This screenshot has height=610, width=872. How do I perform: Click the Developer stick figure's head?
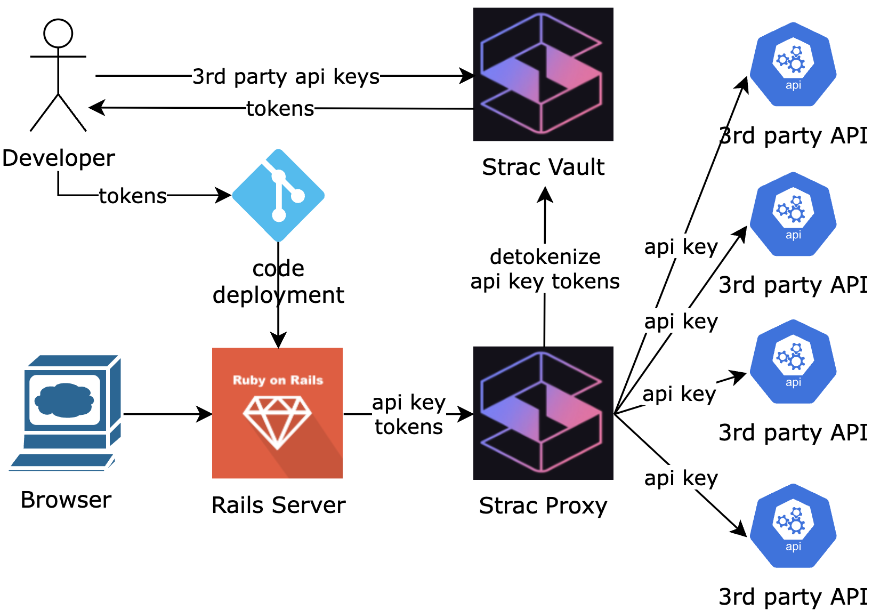[58, 33]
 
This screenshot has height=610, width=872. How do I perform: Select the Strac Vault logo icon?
[543, 74]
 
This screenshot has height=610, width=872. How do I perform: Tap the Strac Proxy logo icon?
[543, 413]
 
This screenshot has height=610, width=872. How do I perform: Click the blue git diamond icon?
[278, 195]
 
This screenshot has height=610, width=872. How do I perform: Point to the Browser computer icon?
[66, 412]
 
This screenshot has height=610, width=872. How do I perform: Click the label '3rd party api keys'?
[286, 76]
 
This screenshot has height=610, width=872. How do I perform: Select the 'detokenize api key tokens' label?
[545, 269]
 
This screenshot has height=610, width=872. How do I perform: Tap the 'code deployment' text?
[278, 282]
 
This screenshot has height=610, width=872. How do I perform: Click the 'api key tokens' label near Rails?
[409, 414]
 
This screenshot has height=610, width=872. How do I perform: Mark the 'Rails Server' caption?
[278, 505]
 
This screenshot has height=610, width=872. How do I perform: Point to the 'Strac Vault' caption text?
[543, 167]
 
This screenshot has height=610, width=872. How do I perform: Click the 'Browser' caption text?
[66, 500]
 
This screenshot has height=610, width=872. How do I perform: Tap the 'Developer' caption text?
[58, 158]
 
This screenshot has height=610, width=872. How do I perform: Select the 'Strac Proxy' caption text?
[543, 505]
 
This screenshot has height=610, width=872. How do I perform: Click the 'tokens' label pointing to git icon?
[133, 196]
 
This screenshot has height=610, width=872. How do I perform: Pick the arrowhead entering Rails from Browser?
[205, 414]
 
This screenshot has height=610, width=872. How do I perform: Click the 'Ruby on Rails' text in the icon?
[278, 380]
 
